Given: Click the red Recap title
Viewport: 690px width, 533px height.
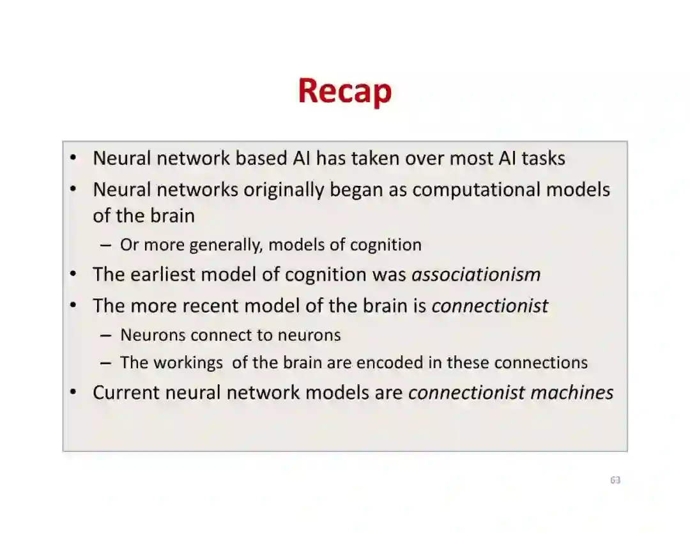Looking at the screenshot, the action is pos(344,91).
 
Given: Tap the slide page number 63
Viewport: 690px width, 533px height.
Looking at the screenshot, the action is pos(615,480).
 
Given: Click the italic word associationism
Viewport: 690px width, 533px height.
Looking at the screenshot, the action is pos(476,274).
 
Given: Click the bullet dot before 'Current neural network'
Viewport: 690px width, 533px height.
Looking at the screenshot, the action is pos(74,392).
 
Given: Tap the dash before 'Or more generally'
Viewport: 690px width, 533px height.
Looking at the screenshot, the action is pos(107,245).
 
